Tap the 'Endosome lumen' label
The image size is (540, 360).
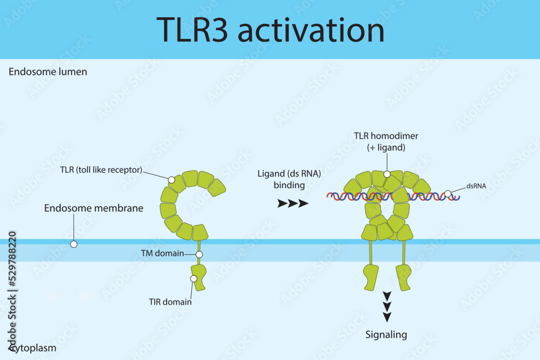coord(48,72)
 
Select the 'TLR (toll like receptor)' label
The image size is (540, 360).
coord(101,169)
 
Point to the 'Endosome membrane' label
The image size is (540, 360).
coord(93,208)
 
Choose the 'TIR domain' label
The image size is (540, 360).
coord(170,302)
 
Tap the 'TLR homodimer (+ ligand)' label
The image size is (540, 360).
coord(386,141)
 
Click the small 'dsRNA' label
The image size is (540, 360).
coord(477,186)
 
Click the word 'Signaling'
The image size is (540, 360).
coord(386,335)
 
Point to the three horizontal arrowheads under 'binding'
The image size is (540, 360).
coord(293,203)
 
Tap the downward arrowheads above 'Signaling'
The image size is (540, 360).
coord(387,305)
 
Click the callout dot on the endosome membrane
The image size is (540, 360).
coord(74,244)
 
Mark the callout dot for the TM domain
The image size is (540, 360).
coord(199,254)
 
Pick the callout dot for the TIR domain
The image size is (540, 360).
coord(194,279)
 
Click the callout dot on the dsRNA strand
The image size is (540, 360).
coord(448,193)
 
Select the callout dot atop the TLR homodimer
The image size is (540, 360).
coord(387,174)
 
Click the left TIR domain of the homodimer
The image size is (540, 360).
coord(371,277)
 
